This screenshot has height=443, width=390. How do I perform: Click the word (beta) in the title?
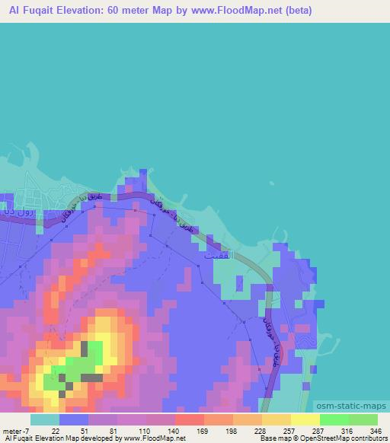click(x=294, y=11)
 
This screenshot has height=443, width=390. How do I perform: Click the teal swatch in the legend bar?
click(x=45, y=419)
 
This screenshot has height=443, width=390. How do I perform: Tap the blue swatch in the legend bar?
click(x=74, y=419)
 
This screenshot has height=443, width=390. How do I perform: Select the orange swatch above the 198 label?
click(x=219, y=419)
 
